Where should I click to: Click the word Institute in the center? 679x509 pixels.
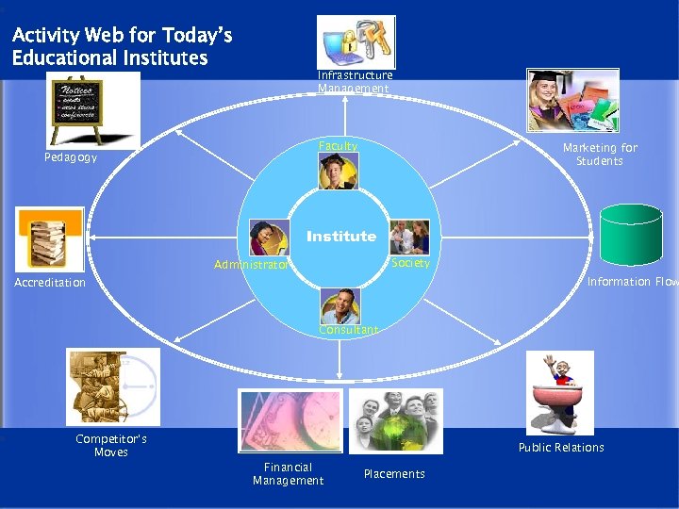pyautogui.click(x=340, y=237)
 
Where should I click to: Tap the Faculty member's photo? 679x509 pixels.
pyautogui.click(x=338, y=172)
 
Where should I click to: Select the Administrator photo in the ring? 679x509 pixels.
pyautogui.click(x=269, y=238)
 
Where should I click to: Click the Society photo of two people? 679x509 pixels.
pyautogui.click(x=409, y=238)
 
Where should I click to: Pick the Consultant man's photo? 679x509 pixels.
pyautogui.click(x=339, y=306)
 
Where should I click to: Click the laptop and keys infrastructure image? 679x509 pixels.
pyautogui.click(x=356, y=42)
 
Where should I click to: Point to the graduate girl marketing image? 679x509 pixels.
pyautogui.click(x=572, y=100)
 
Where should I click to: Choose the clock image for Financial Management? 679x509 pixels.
pyautogui.click(x=289, y=421)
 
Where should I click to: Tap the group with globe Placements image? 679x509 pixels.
pyautogui.click(x=395, y=421)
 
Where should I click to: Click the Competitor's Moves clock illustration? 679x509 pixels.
pyautogui.click(x=112, y=386)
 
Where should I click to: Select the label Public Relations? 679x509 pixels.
pyautogui.click(x=561, y=448)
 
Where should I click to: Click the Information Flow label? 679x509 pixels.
pyautogui.click(x=632, y=282)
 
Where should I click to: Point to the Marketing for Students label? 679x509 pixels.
pyautogui.click(x=600, y=155)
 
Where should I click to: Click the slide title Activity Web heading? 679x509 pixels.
pyautogui.click(x=122, y=47)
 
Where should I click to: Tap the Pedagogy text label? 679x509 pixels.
pyautogui.click(x=71, y=157)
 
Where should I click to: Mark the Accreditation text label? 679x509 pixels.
pyautogui.click(x=50, y=283)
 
